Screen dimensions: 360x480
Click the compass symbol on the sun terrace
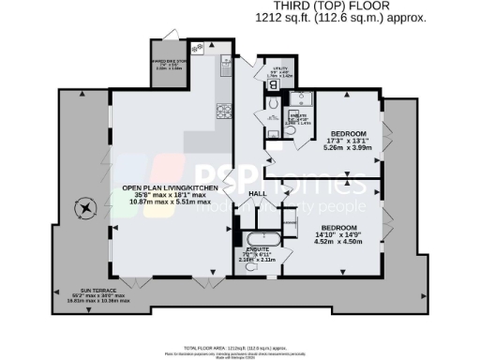[x=86, y=207]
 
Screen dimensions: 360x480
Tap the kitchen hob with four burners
[x=224, y=110]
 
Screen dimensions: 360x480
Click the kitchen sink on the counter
[x=226, y=65]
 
